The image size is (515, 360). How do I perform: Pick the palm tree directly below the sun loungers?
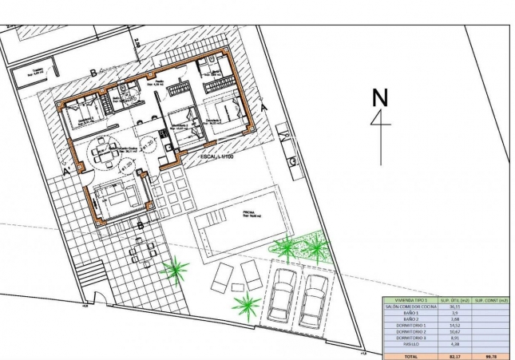[246, 303]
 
